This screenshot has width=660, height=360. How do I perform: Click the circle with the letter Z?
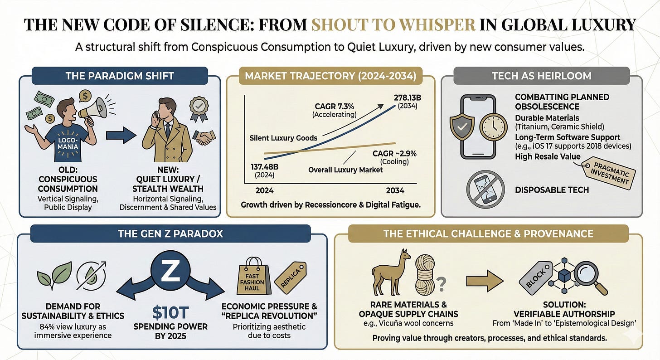(x=170, y=271)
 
